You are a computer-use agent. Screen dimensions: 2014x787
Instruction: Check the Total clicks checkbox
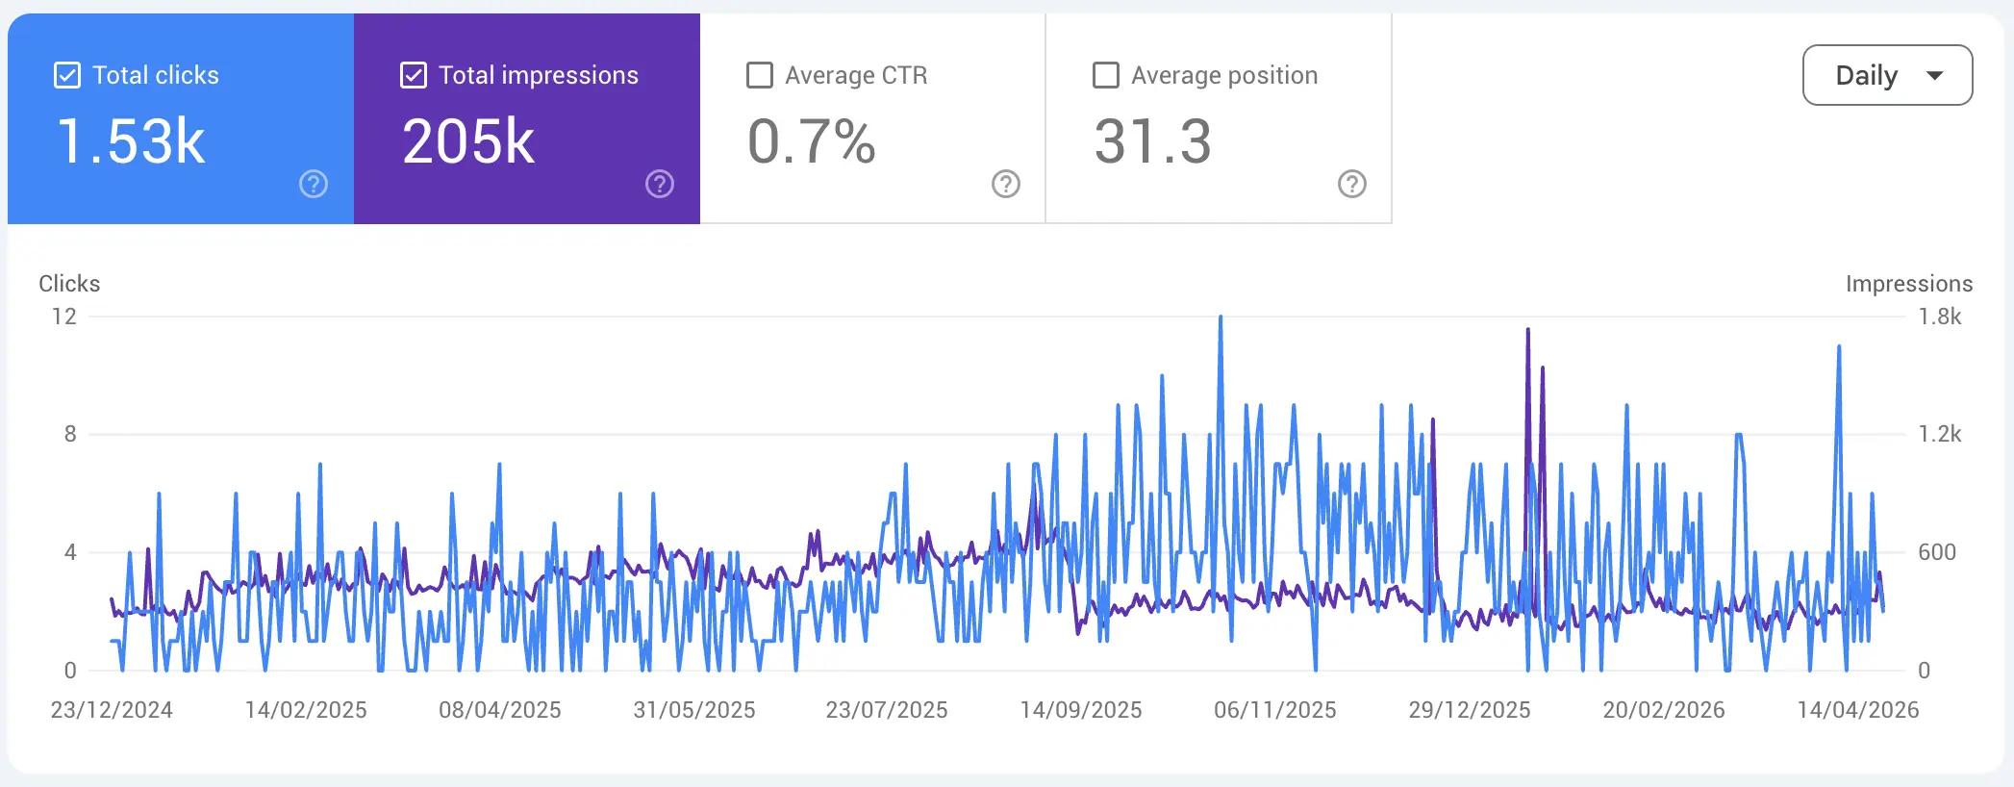point(67,75)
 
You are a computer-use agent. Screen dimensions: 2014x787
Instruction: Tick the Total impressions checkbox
point(414,75)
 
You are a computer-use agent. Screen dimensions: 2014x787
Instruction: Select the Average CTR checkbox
point(760,75)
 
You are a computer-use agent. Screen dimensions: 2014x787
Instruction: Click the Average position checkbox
point(1106,75)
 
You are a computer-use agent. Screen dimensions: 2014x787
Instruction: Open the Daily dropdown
point(1887,75)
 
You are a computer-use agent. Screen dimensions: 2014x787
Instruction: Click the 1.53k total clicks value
point(131,141)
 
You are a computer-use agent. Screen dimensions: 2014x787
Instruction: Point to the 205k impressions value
point(468,141)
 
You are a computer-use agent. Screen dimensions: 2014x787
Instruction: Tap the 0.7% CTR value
point(812,141)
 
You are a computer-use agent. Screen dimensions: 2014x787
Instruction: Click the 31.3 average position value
point(1152,141)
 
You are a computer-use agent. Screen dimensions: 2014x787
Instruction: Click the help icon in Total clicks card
point(314,184)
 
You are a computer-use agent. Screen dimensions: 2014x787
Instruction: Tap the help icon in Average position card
point(1352,184)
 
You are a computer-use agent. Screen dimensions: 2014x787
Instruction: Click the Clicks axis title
point(69,284)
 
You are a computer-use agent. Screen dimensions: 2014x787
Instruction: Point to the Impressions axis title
point(1909,284)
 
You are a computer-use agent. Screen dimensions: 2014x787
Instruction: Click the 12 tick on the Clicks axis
point(64,317)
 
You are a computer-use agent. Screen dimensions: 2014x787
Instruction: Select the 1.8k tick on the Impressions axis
point(1940,317)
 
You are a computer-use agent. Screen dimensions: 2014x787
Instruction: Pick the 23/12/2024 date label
point(112,710)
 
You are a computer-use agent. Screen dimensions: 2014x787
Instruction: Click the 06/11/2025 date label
point(1275,710)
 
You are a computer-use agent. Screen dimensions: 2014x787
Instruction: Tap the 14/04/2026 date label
point(1858,710)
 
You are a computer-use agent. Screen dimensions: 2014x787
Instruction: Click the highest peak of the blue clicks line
point(1221,317)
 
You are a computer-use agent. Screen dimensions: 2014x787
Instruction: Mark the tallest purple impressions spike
point(1527,330)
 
